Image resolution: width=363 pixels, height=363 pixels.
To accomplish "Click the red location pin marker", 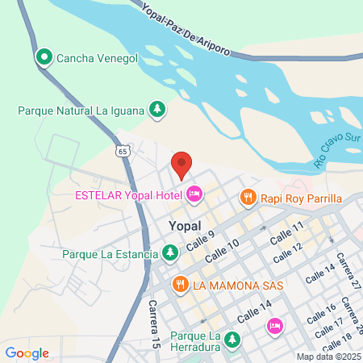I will (181, 164).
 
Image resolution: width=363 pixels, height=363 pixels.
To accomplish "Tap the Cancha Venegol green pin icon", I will (43, 57).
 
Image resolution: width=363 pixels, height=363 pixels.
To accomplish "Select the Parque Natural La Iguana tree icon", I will (158, 109).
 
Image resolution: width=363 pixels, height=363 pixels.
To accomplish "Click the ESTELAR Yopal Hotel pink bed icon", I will (194, 194).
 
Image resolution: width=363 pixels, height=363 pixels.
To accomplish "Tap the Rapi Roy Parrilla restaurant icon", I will (248, 198).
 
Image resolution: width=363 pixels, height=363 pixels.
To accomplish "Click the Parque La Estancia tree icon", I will (169, 254).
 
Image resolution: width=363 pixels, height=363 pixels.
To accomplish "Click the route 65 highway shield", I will (122, 150).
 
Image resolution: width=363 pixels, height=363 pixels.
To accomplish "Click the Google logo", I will (27, 353).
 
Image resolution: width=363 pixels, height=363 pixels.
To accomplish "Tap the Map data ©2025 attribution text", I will (328, 356).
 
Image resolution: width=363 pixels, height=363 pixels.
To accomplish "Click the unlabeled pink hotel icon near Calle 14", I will (274, 325).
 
